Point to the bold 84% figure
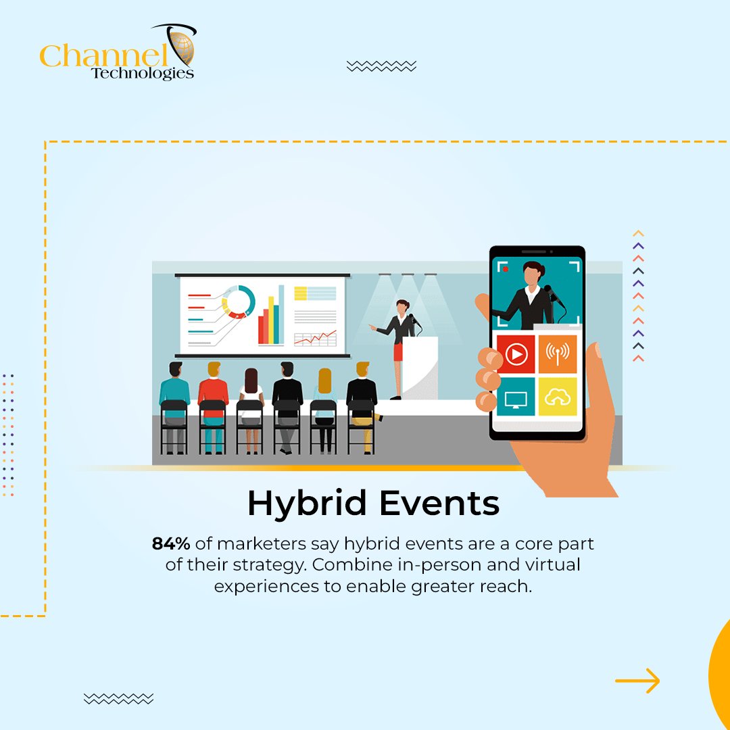[x=171, y=543]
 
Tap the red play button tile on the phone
[x=516, y=354]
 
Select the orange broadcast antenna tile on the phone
[x=558, y=354]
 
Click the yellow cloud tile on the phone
[x=558, y=396]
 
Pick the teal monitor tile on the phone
[x=516, y=396]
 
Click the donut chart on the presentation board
[x=239, y=301]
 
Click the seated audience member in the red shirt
[x=214, y=399]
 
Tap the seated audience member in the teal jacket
[x=174, y=399]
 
